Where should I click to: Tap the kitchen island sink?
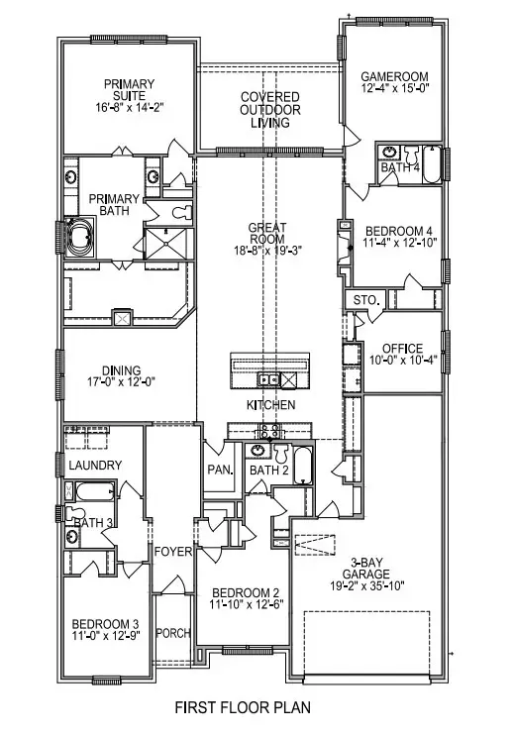coord(267,379)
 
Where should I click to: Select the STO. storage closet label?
coord(359,300)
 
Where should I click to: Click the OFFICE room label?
coord(403,349)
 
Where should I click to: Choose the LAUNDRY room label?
coord(94,466)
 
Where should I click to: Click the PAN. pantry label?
coord(219,470)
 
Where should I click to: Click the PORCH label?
coord(173,633)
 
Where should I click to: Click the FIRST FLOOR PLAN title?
coord(243,707)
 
